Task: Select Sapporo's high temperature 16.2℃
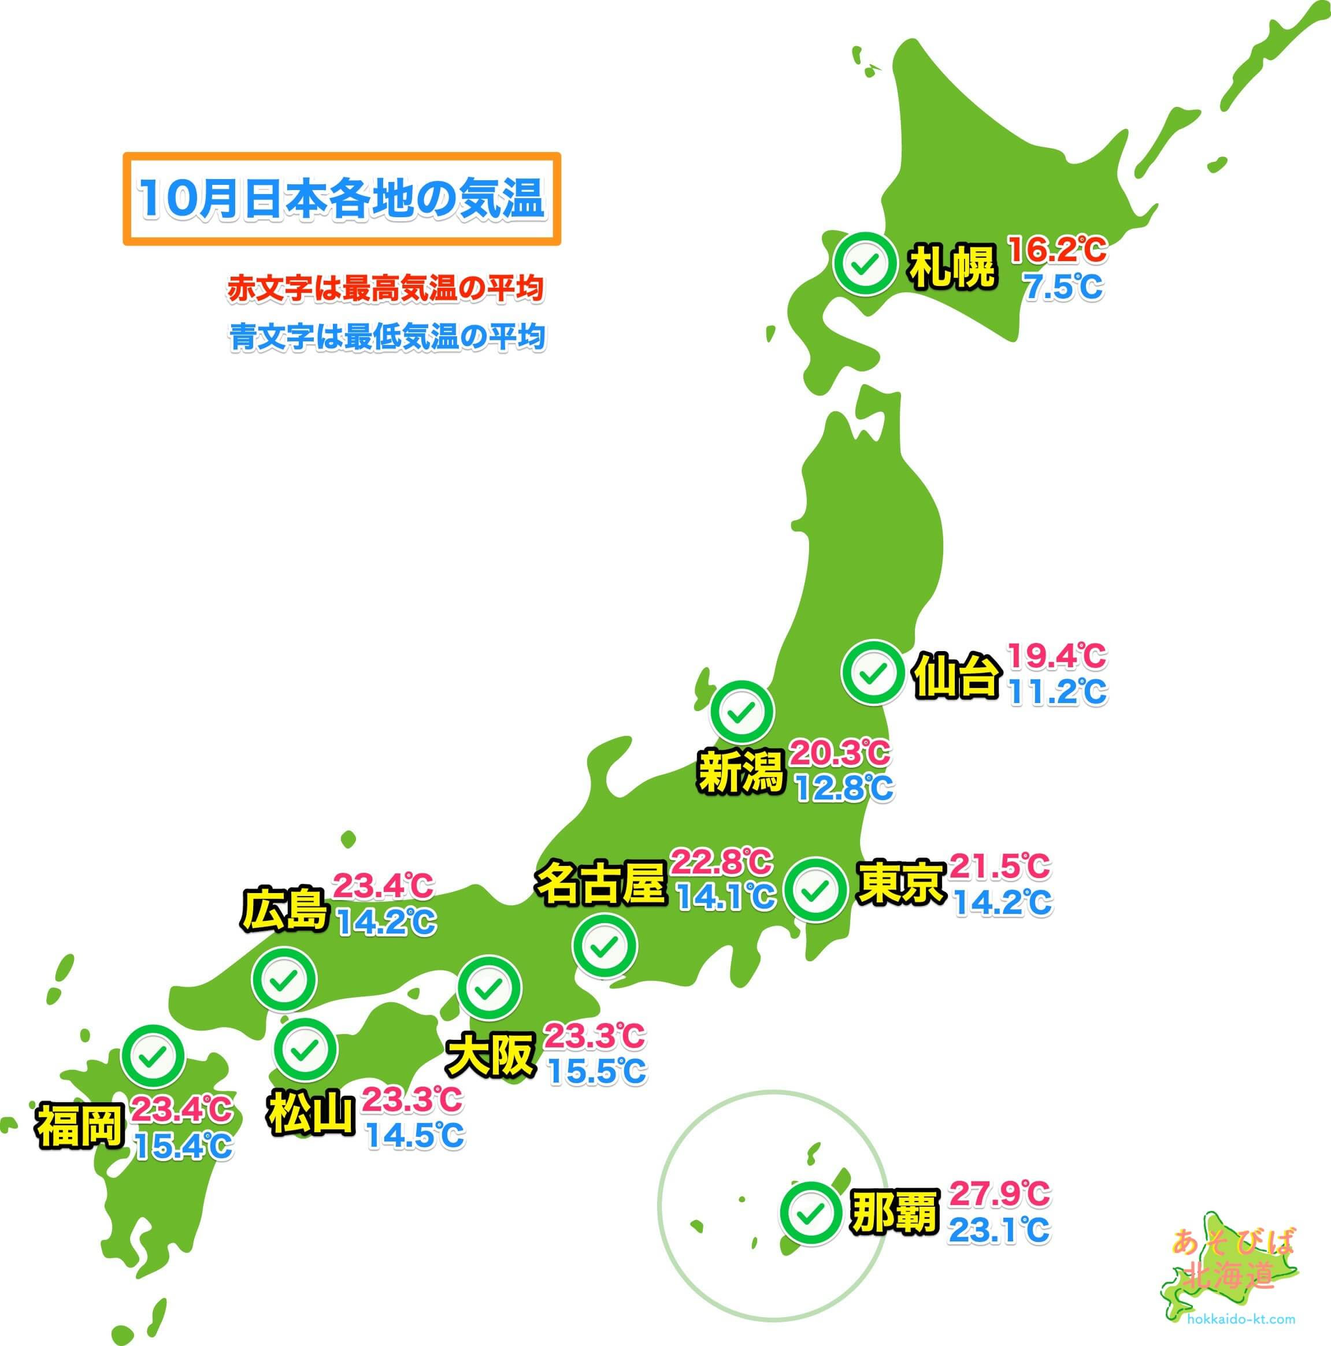[1057, 250]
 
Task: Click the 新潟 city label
[741, 772]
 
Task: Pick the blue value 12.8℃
[843, 789]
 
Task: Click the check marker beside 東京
[816, 890]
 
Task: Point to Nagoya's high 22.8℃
[721, 862]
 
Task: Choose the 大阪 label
[492, 1056]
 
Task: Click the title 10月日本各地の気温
[342, 199]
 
